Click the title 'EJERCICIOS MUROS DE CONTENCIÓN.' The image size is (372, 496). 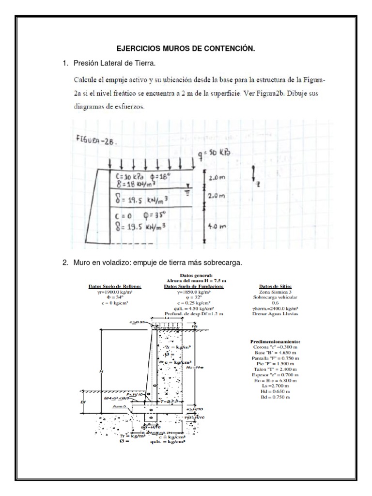pyautogui.click(x=186, y=49)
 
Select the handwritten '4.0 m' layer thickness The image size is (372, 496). pyautogui.click(x=216, y=226)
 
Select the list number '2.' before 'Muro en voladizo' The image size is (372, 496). pyautogui.click(x=65, y=263)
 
